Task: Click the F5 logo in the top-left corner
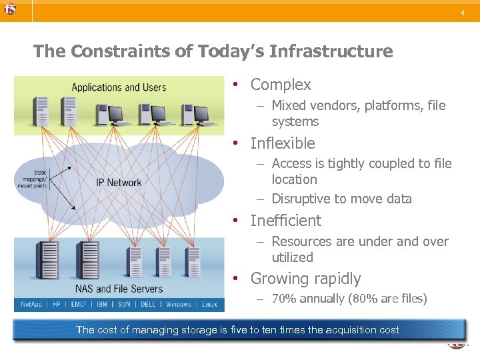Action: click(x=9, y=9)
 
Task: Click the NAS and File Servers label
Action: click(x=119, y=289)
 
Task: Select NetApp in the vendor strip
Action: click(x=31, y=304)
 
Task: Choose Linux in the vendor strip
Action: click(x=209, y=304)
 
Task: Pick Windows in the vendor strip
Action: click(x=179, y=304)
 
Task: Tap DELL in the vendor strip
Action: click(x=149, y=304)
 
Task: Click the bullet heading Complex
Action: click(x=280, y=85)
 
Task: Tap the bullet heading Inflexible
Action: click(x=282, y=143)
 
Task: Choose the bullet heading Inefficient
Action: click(x=285, y=221)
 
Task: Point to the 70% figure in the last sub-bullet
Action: click(x=283, y=299)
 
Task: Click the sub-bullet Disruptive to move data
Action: click(x=341, y=199)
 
